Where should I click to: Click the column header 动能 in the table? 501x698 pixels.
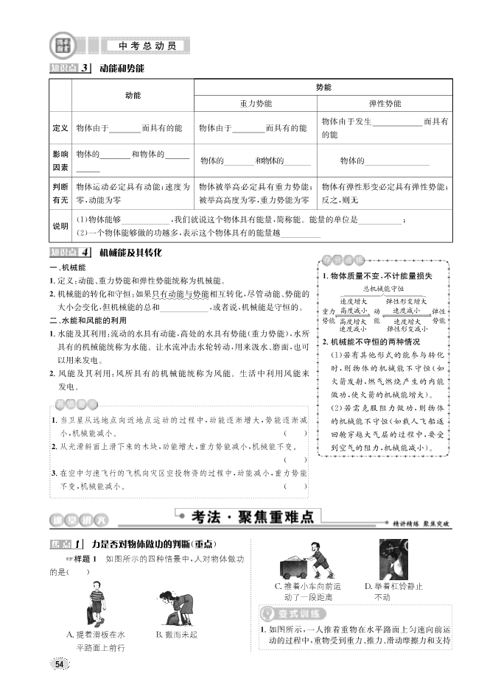pos(133,96)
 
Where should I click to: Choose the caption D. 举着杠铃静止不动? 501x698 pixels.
pos(394,592)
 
